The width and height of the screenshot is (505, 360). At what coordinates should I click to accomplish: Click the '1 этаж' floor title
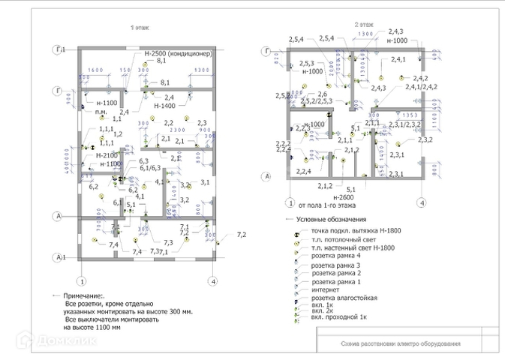pos(140,28)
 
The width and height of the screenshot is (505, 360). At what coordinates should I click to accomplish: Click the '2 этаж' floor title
pos(365,25)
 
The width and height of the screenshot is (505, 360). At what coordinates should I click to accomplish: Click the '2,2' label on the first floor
pos(169,122)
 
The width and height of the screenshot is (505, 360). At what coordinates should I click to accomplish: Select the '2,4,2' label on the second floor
pos(420,79)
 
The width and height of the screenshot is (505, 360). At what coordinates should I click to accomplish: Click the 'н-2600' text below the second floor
pos(347,196)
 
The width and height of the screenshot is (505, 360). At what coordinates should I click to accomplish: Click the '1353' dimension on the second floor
pos(407,115)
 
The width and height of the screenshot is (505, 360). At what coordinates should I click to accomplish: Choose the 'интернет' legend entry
pos(315,289)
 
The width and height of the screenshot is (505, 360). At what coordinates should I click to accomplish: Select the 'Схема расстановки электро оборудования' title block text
pos(390,344)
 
